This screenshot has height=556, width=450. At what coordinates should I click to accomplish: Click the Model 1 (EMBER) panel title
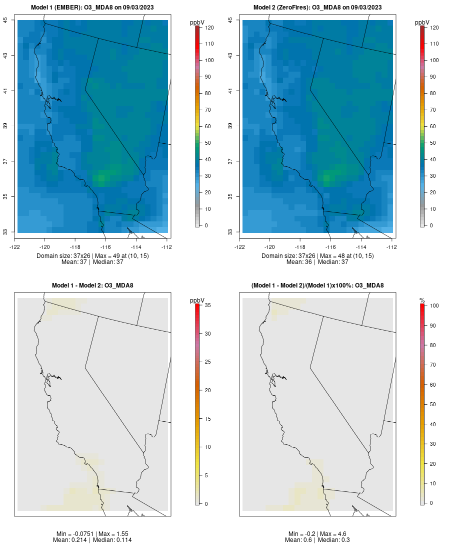(92, 8)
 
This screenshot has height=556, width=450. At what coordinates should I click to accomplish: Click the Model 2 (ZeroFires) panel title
(317, 8)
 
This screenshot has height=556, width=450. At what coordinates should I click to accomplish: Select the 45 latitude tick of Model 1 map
(6, 20)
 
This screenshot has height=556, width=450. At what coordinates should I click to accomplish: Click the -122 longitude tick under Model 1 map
(14, 247)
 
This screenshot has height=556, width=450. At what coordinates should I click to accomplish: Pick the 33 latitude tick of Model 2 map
(231, 232)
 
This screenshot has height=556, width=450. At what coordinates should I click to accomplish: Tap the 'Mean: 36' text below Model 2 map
(298, 262)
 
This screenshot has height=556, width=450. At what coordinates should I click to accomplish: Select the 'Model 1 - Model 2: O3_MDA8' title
(92, 286)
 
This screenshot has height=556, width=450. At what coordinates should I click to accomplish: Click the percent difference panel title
(317, 286)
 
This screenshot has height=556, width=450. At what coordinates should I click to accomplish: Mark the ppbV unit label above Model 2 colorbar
(422, 23)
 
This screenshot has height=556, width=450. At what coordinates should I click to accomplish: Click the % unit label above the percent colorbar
(422, 300)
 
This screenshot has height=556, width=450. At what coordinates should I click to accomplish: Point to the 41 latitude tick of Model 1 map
(6, 91)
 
